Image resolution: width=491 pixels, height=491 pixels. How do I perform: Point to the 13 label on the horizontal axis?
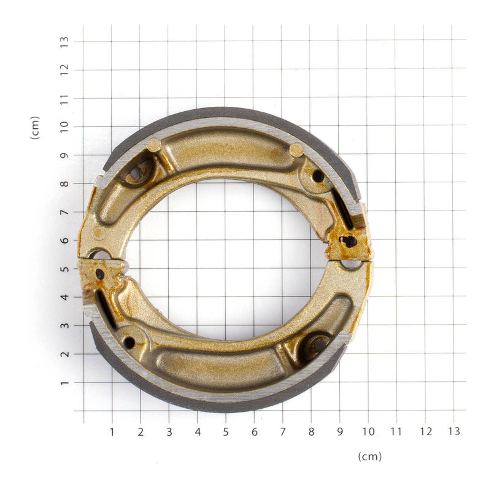(454, 431)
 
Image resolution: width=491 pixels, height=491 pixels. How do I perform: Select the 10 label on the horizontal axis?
(368, 431)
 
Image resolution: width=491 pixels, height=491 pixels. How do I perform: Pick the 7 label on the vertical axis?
(63, 212)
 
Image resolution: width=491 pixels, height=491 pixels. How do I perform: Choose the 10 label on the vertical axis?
(63, 126)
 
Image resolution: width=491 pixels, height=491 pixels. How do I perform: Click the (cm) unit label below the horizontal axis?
(369, 456)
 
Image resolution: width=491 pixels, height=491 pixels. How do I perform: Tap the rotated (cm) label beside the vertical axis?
(35, 127)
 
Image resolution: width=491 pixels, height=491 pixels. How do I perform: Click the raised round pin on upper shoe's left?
(153, 145)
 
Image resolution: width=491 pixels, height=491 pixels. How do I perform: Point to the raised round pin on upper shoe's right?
(296, 150)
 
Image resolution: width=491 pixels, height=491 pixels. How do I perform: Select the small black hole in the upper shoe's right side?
(318, 176)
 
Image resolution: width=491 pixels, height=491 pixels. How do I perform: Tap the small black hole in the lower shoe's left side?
(129, 342)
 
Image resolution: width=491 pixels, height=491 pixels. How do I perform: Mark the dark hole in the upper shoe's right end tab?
(349, 241)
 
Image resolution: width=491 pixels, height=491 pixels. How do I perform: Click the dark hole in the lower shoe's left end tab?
(99, 274)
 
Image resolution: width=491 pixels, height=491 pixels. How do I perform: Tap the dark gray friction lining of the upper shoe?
(227, 114)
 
